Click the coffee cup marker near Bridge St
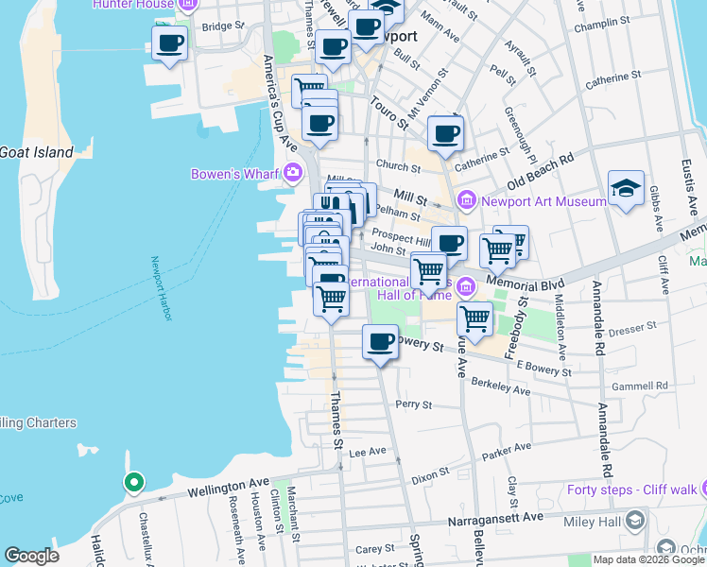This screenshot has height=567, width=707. coord(169,43)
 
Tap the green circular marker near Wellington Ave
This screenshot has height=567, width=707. coord(134,483)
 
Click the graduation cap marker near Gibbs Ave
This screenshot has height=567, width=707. coord(626,189)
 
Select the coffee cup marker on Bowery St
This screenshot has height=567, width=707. coord(380,342)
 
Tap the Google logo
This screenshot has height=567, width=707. coord(32,557)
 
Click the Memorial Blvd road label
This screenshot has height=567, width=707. coord(526,284)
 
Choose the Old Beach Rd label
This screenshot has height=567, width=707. coord(541,170)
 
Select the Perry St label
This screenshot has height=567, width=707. coord(413,404)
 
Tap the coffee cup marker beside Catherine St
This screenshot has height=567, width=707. coord(445,134)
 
